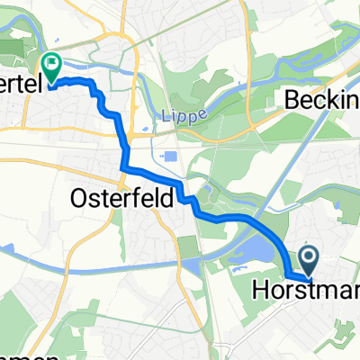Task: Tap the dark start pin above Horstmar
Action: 308,261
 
